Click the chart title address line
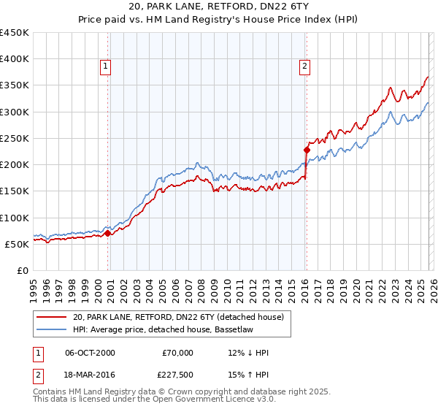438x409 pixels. pos(218,7)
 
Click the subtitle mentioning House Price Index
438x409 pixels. pos(218,20)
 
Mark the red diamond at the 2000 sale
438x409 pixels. pos(107,234)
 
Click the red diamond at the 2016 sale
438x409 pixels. pos(307,150)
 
